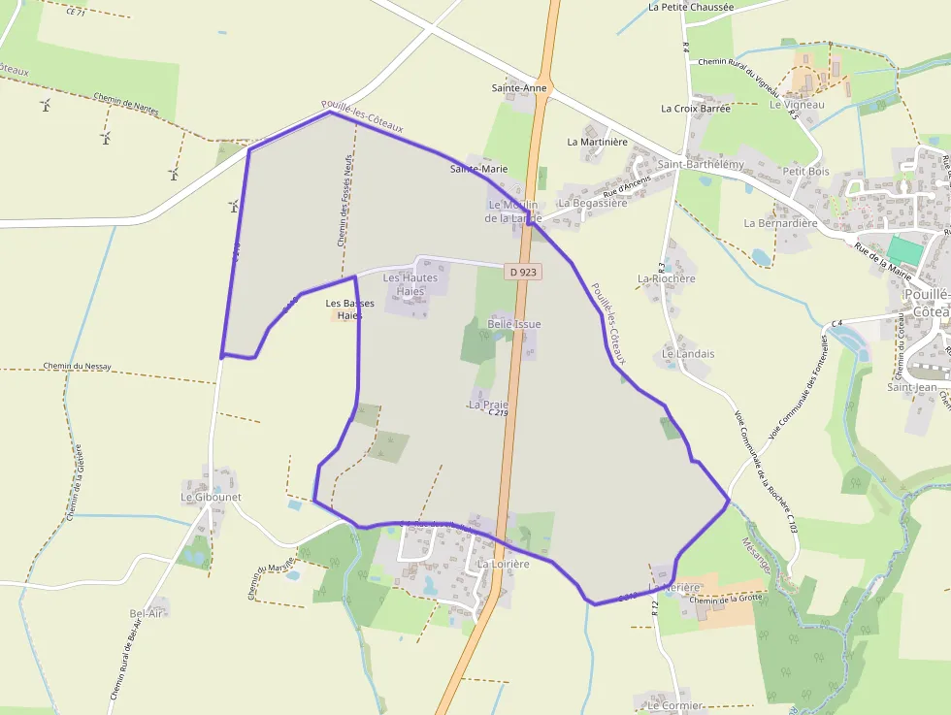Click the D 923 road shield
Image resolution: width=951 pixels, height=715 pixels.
click(522, 273)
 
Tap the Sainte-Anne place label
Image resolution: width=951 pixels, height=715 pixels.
click(519, 88)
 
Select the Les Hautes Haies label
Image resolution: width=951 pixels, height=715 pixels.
click(410, 284)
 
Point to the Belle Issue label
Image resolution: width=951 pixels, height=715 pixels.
click(514, 324)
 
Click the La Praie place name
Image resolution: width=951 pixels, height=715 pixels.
click(488, 404)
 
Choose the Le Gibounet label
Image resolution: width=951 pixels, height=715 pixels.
click(211, 497)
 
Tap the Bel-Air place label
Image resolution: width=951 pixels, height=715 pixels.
click(147, 613)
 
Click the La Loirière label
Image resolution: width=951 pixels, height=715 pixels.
click(503, 564)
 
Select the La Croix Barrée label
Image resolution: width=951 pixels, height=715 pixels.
click(695, 109)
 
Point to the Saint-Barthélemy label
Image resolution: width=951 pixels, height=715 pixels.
click(701, 165)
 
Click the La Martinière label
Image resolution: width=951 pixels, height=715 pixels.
click(598, 142)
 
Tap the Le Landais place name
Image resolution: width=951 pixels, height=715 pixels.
click(688, 354)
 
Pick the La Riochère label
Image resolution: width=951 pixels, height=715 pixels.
click(667, 278)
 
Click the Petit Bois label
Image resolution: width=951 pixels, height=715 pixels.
click(806, 172)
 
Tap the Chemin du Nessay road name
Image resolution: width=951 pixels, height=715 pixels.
click(77, 367)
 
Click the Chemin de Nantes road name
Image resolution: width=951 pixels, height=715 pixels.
click(126, 103)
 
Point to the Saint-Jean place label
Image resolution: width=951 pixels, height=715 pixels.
click(912, 387)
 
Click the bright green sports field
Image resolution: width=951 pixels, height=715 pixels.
click(905, 250)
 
